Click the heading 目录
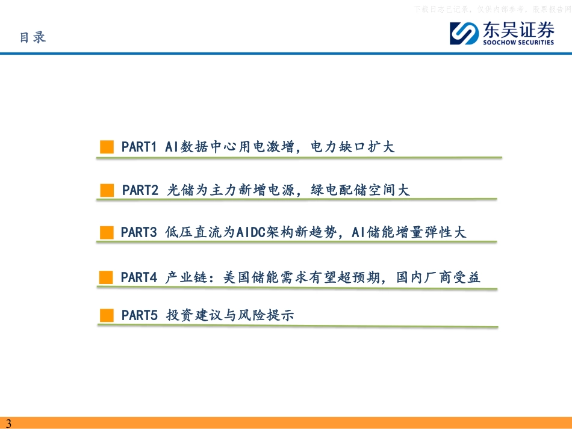33,37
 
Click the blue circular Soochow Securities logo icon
463,33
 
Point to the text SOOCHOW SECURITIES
517,42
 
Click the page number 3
8,423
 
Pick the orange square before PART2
107,191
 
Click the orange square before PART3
107,233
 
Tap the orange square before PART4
107,277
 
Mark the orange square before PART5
107,315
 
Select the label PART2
140,191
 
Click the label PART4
139,277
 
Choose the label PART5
139,315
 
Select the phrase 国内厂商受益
438,277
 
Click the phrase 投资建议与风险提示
230,315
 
